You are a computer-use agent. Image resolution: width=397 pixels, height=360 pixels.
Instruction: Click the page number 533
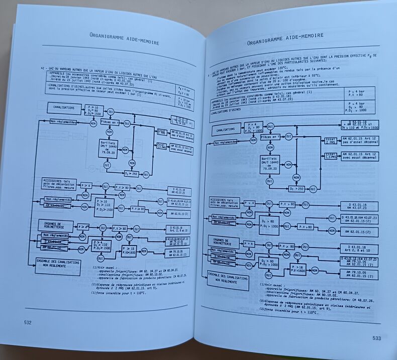coord(377,338)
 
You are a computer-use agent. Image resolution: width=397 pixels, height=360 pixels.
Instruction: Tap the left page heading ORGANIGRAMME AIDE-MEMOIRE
coord(124,39)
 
